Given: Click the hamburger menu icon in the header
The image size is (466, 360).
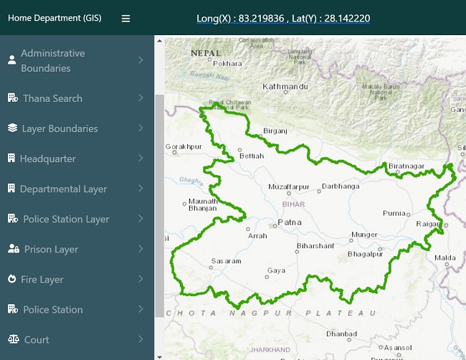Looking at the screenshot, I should (x=126, y=19).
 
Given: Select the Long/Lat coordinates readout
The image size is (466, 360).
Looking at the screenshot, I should (x=283, y=18).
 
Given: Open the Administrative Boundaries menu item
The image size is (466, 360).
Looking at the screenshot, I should (x=53, y=61).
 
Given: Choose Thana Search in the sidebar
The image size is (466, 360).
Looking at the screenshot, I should (x=52, y=98).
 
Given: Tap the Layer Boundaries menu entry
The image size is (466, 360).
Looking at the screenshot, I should (x=60, y=128).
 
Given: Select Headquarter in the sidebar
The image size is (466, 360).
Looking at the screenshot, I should (x=47, y=158).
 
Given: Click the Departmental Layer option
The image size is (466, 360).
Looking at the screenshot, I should (x=63, y=189).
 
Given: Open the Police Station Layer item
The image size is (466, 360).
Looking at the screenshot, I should (x=66, y=219).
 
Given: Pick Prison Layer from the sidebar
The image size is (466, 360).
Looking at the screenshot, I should (x=51, y=249).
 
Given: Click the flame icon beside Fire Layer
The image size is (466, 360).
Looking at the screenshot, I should (x=11, y=279).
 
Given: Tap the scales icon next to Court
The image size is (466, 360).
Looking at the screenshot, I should (x=12, y=339).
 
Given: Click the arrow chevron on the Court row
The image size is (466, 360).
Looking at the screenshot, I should (x=141, y=339).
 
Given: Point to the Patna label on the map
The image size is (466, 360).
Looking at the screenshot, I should (x=290, y=222).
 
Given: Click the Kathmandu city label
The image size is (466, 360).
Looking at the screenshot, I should (x=285, y=87).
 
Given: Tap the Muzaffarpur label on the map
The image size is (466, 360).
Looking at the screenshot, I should (x=289, y=186).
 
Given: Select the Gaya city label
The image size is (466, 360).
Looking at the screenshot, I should (x=275, y=270).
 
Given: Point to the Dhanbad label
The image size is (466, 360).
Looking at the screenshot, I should (x=341, y=333).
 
